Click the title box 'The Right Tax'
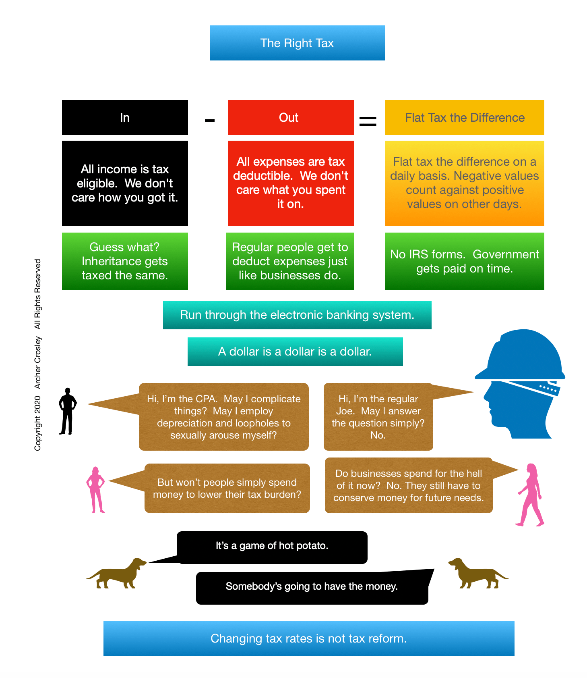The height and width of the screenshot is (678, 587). [x=297, y=43]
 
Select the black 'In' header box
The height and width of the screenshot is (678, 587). [x=125, y=117]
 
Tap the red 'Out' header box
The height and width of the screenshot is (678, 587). [x=290, y=117]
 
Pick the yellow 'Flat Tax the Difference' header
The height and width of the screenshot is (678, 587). [x=465, y=117]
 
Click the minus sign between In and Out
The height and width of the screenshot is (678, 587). [x=209, y=120]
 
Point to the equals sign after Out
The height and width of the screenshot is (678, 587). [x=368, y=121]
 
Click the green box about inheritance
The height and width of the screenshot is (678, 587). [x=125, y=261]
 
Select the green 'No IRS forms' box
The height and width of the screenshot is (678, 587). [x=465, y=261]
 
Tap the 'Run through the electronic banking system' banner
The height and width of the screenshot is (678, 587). [x=297, y=315]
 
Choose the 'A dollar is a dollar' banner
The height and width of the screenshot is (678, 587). [x=295, y=351]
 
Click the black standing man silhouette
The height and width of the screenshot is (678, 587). [x=67, y=412]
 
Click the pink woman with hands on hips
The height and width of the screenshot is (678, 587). [x=95, y=489]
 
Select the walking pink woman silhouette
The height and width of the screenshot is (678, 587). [x=531, y=495]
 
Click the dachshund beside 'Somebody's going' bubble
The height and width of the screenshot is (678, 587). [x=477, y=573]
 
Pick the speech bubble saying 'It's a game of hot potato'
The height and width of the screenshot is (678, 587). [x=272, y=547]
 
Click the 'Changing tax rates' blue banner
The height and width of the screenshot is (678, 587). [x=309, y=638]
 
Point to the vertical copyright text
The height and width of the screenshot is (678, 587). [x=37, y=355]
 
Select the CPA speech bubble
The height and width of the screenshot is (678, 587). [x=223, y=417]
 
